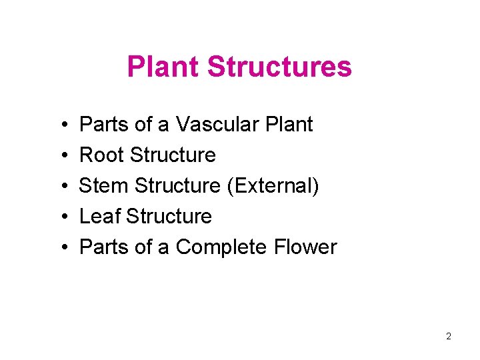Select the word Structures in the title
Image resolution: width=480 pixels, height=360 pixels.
pos(279,67)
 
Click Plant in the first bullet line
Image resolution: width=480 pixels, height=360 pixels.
pos(289,124)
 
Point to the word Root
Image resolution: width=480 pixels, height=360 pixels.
pos(102,155)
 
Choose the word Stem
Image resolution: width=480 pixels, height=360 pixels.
pos(102,185)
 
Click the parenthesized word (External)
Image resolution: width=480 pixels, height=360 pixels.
pos(273,185)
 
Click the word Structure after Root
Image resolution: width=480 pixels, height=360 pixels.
pos(173,155)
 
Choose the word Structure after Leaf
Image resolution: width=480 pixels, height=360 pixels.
pos(169,216)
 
